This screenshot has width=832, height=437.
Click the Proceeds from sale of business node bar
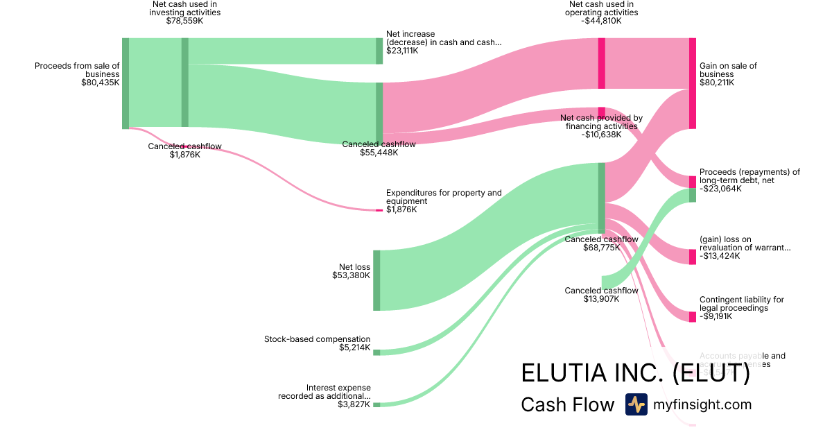click(x=125, y=83)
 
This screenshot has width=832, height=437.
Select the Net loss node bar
click(x=376, y=280)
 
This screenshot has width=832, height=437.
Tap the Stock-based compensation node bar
click(x=376, y=352)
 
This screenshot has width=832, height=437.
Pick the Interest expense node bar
click(x=376, y=404)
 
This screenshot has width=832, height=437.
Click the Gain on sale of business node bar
click(x=692, y=83)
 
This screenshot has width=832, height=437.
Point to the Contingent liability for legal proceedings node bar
click(x=692, y=317)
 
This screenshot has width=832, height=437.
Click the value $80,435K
click(x=100, y=82)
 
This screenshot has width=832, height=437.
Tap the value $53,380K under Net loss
click(x=351, y=275)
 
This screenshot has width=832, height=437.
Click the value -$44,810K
click(x=601, y=21)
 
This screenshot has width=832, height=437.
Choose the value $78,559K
click(x=184, y=21)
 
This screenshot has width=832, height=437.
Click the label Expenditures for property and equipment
click(x=444, y=197)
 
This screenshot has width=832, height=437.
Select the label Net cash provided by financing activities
click(x=601, y=122)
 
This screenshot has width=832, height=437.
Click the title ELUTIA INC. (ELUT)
click(x=635, y=374)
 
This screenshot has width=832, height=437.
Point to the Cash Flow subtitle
click(x=567, y=405)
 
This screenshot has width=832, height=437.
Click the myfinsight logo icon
click(x=636, y=404)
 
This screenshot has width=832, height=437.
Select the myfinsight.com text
click(x=702, y=405)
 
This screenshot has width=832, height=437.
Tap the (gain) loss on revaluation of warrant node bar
click(x=692, y=257)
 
